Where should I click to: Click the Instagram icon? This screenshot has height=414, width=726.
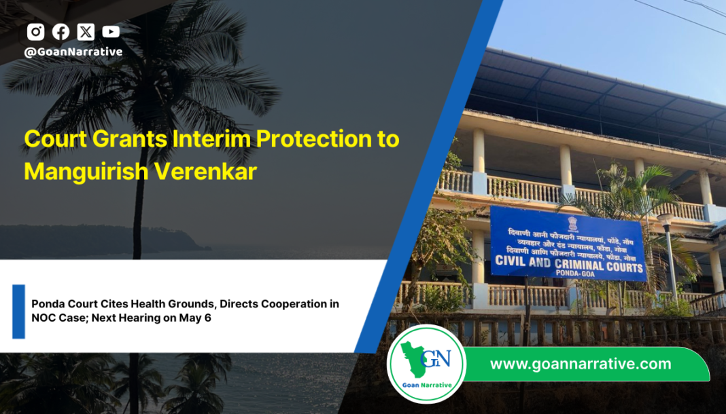pos(35,31)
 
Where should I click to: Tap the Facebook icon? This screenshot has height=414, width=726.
pos(60,31)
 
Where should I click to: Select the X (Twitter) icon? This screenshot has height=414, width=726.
pos(86,31)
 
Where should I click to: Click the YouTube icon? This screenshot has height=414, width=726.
pos(111,31)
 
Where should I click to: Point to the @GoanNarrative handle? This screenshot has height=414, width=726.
pos(73,52)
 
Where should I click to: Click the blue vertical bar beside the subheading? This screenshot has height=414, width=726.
pos(18,311)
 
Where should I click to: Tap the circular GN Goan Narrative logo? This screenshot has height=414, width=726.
pos(426,364)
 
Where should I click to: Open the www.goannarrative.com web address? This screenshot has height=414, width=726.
pos(581,364)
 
